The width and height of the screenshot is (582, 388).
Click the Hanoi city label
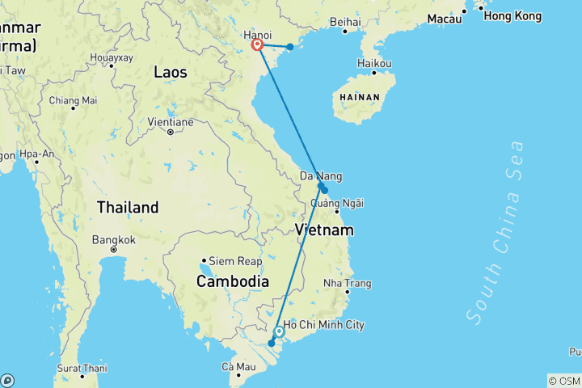tap(258, 35)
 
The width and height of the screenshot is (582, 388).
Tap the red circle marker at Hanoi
tap(258, 45)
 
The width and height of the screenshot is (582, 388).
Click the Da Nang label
tap(321, 175)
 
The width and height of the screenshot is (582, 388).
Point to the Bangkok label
tap(113, 240)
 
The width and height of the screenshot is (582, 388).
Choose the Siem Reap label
tap(235, 261)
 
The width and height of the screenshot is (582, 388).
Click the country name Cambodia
tap(232, 281)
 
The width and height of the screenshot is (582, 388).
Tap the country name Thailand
tap(128, 208)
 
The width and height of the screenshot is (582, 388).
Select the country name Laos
tap(171, 73)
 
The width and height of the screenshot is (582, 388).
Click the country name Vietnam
tap(324, 230)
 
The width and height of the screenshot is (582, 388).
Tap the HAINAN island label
tap(361, 95)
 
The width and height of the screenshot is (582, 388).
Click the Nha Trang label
tap(347, 283)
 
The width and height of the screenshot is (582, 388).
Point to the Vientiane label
tap(171, 122)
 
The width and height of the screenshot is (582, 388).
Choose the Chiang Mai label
tap(73, 100)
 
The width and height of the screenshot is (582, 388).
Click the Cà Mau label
tap(238, 367)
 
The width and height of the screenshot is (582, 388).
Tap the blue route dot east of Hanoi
tap(290, 46)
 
